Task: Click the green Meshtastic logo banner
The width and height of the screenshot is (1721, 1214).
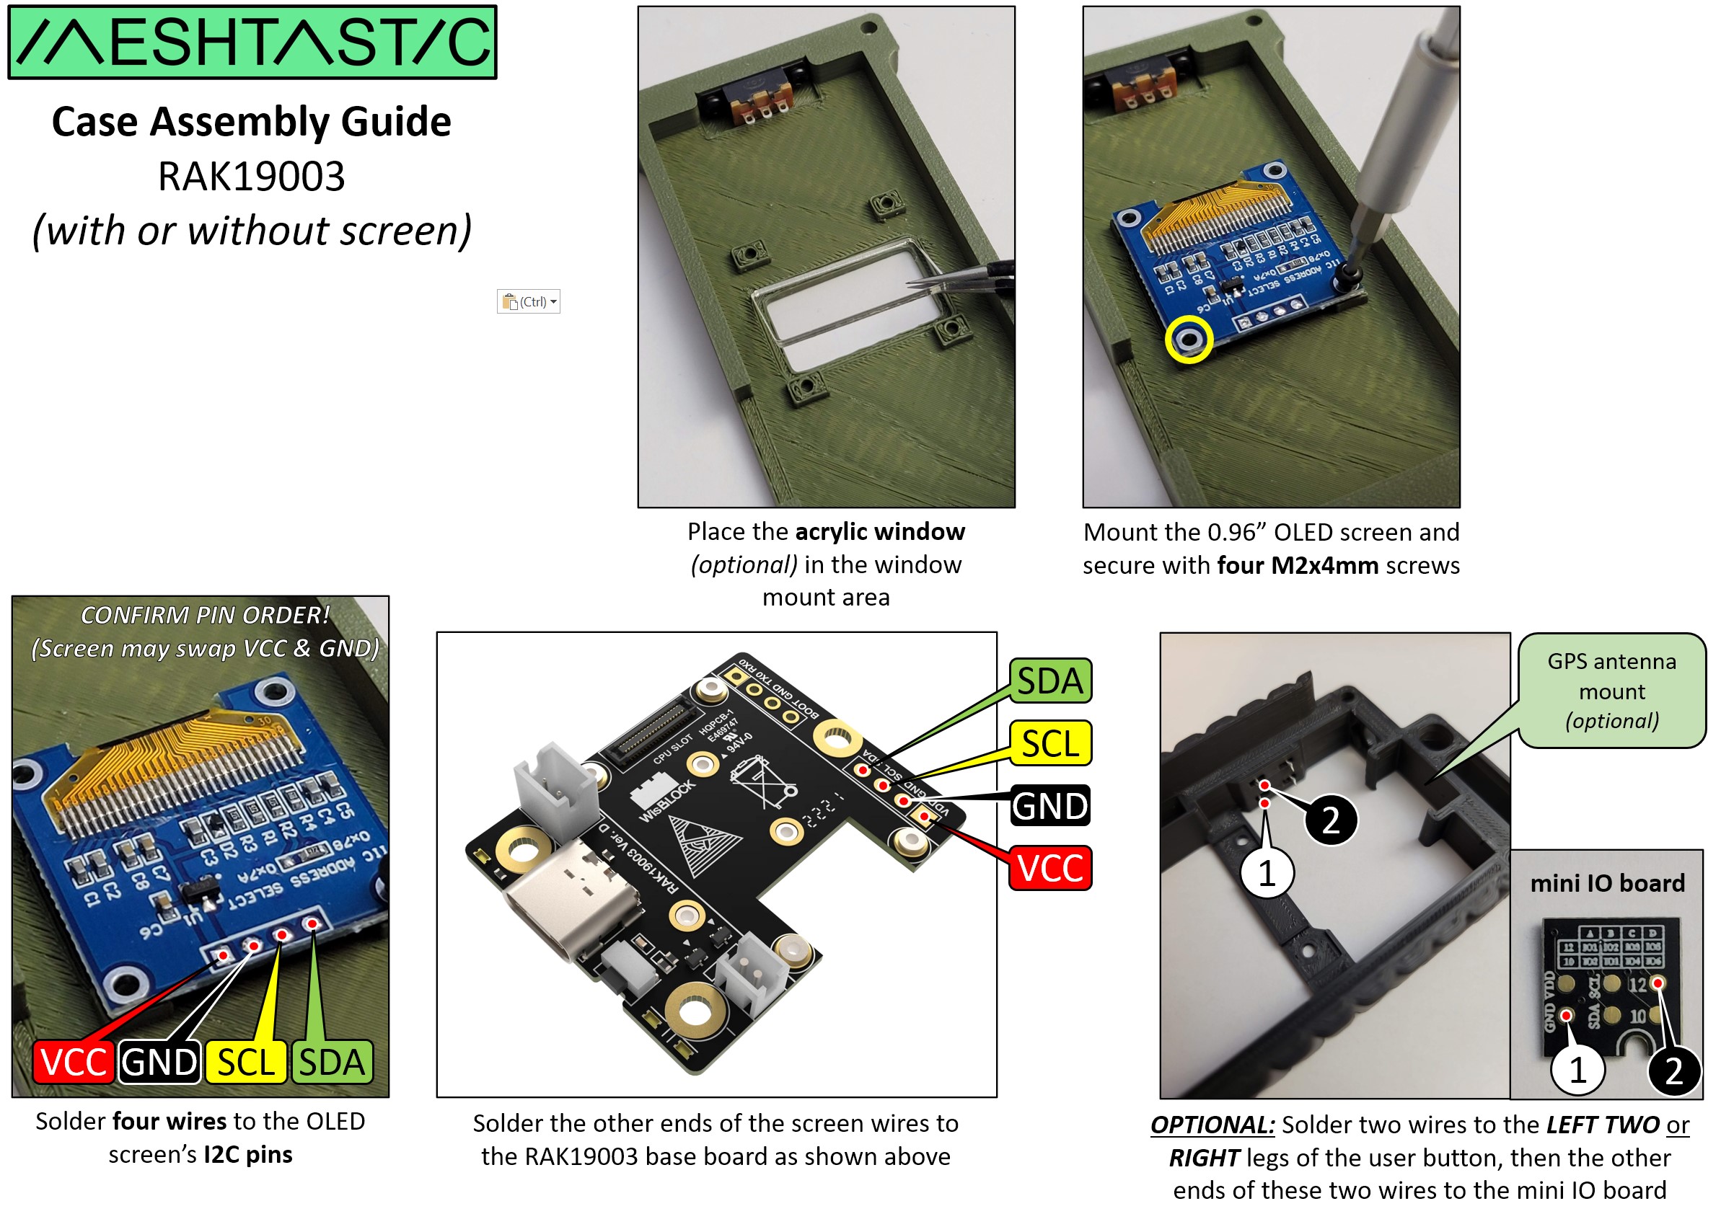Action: [x=252, y=42]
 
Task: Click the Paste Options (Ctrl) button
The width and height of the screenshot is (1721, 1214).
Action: [x=529, y=302]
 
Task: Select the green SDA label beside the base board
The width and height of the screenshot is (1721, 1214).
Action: [x=1049, y=681]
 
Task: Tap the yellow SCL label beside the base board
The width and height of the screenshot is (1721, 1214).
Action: [x=1049, y=744]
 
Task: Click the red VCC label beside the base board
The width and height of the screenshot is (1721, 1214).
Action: [x=1049, y=869]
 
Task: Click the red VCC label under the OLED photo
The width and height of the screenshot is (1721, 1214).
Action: [x=74, y=1063]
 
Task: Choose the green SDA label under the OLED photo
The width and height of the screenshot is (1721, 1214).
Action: [x=332, y=1063]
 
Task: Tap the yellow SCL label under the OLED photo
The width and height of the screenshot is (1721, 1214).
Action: [x=246, y=1063]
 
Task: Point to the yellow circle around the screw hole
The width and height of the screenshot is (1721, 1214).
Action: [x=1189, y=340]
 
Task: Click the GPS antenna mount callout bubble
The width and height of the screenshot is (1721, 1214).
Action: [x=1611, y=691]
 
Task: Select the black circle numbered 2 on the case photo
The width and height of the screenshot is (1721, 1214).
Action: [x=1331, y=820]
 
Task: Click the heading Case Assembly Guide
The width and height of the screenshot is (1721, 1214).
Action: [x=252, y=121]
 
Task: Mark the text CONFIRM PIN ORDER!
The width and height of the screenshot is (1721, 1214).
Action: [x=205, y=615]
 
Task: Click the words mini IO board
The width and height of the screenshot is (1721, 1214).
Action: [x=1607, y=884]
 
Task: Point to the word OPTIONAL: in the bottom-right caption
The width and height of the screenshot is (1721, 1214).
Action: [x=1212, y=1125]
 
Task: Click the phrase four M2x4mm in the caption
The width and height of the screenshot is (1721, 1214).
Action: [x=1298, y=566]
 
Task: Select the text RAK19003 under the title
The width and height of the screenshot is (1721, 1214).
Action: [x=252, y=177]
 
